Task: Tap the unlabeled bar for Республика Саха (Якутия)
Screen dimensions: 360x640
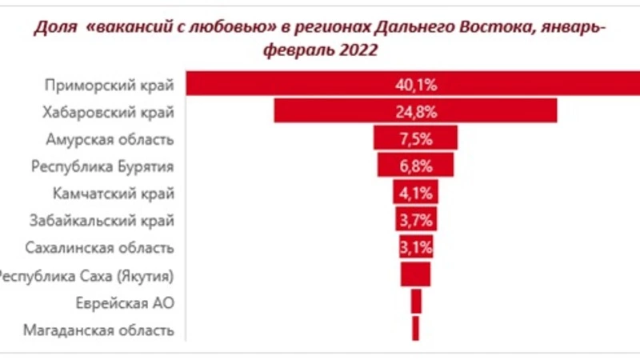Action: point(415,274)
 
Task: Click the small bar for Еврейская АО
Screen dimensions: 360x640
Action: point(416,302)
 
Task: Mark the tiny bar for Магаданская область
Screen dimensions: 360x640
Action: point(416,329)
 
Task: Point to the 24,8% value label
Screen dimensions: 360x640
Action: point(416,110)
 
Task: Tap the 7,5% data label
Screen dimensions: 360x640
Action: point(416,138)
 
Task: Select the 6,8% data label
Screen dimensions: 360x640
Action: point(416,165)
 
